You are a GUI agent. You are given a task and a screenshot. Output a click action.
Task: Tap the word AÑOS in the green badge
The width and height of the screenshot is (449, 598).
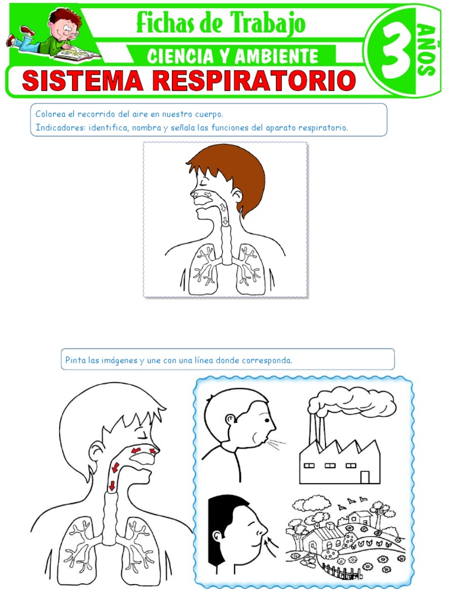(427, 49)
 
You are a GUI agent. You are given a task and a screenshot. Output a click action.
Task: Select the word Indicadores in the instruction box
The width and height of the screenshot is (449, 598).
(59, 127)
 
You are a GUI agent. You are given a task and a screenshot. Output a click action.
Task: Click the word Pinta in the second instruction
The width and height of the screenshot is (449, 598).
(75, 360)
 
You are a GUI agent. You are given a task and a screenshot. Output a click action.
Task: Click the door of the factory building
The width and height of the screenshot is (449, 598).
(365, 477)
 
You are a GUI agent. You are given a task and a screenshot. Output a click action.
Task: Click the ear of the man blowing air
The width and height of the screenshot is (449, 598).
(230, 419)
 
